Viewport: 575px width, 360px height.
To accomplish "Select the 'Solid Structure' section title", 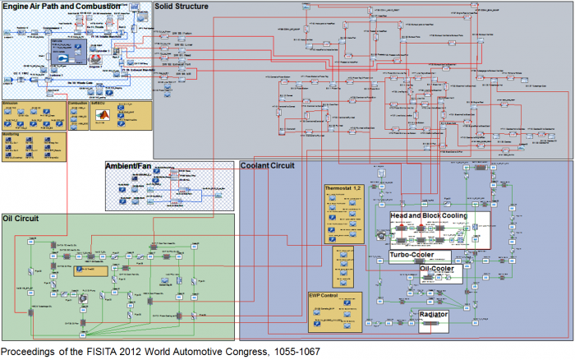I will (x=182, y=7).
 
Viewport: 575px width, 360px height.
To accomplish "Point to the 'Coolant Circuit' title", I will (x=268, y=165).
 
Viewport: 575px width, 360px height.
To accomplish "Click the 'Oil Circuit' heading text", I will (x=24, y=219).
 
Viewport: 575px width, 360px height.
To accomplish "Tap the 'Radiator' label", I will (x=434, y=314).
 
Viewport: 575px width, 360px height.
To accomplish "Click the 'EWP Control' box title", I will (x=326, y=296).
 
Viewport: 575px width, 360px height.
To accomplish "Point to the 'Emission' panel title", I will (x=11, y=104).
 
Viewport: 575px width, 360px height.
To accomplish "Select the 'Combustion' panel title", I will (x=79, y=104).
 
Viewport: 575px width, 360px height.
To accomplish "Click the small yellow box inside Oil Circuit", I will (x=90, y=269).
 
